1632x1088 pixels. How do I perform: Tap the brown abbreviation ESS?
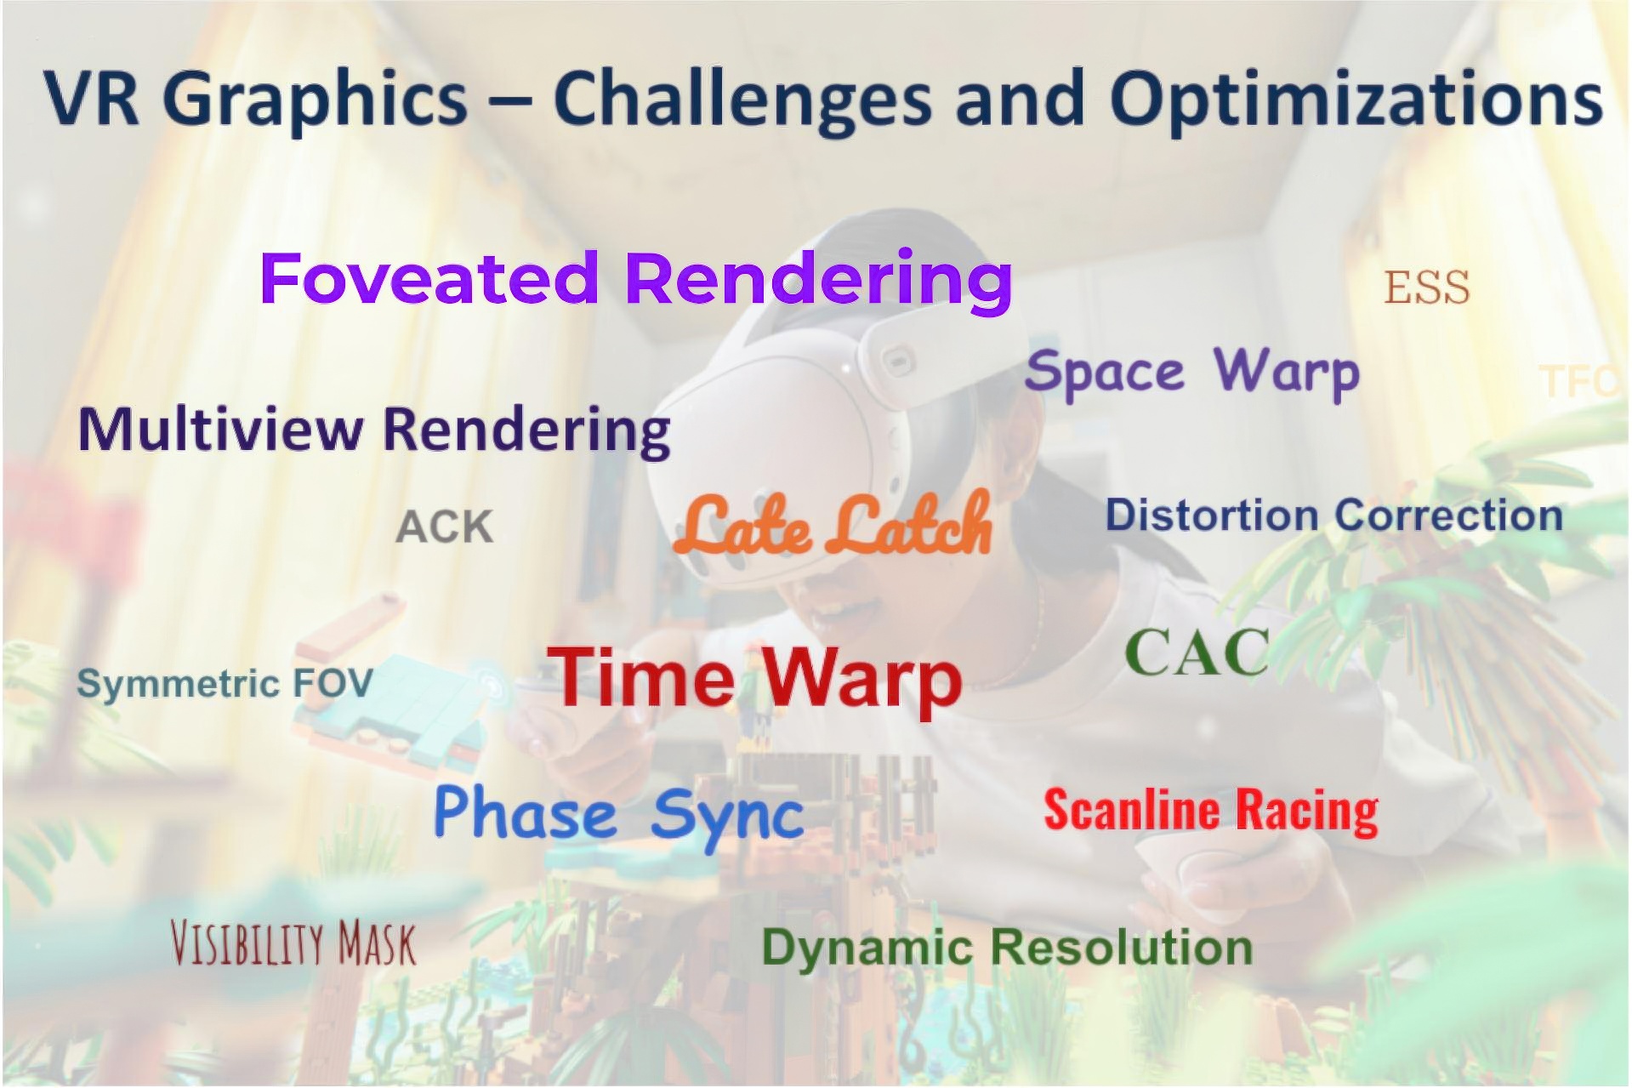click(x=1426, y=288)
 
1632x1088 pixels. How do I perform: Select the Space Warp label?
click(x=1192, y=373)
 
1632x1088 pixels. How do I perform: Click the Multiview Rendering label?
click(x=374, y=430)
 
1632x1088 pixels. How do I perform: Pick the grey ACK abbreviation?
click(x=445, y=527)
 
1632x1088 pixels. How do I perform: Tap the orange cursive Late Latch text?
click(x=833, y=523)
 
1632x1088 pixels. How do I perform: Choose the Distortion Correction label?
click(x=1333, y=516)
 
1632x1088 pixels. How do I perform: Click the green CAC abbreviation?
click(x=1197, y=653)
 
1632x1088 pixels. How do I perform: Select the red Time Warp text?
click(x=754, y=678)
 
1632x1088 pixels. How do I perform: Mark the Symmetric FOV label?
click(x=225, y=684)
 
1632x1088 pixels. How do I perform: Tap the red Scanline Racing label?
click(x=1211, y=810)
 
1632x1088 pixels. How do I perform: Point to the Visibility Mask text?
click(x=293, y=943)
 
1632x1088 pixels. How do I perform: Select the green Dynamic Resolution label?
click(x=1007, y=948)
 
